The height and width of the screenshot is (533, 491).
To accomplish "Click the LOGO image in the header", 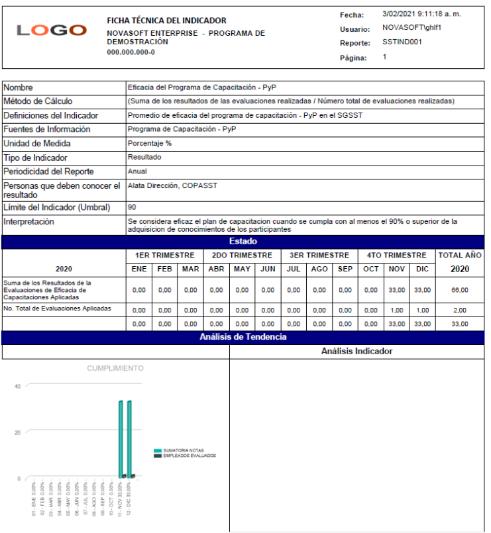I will click(x=52, y=30).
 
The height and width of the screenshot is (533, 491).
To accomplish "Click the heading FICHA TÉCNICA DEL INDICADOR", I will click(x=166, y=21).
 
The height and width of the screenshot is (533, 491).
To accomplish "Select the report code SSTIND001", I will click(x=402, y=42).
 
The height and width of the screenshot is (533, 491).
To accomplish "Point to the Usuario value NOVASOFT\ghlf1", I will click(x=411, y=28).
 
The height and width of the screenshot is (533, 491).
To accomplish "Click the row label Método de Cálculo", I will click(x=38, y=101).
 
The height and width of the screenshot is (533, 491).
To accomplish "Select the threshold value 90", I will click(x=132, y=207).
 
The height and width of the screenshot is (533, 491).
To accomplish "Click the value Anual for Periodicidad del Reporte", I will click(x=137, y=171).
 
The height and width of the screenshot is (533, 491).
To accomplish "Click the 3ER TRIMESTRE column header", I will click(x=319, y=255).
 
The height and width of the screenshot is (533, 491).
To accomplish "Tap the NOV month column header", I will click(x=397, y=269).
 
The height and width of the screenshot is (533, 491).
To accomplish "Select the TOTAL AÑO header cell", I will click(x=459, y=255).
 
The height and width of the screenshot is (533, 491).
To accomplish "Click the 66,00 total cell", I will click(x=459, y=290).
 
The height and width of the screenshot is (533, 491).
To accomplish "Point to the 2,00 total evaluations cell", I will click(x=459, y=309).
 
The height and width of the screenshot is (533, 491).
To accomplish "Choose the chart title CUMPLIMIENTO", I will click(x=115, y=368).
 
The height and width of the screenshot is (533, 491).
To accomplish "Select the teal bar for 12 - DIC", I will click(x=130, y=438).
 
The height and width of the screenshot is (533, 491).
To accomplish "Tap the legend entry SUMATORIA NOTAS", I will click(x=184, y=450).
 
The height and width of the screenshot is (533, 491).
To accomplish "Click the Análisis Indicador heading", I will click(x=356, y=352).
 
